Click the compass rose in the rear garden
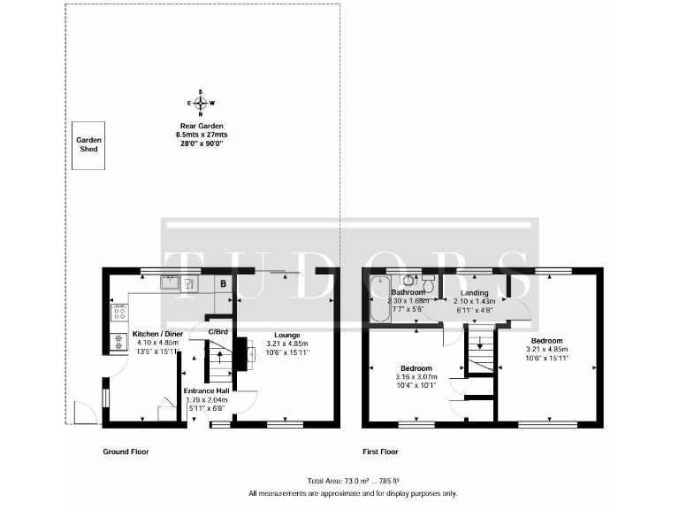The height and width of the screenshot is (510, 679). [200, 103]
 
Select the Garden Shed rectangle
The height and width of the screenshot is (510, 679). [88, 145]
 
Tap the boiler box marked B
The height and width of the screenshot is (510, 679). [224, 284]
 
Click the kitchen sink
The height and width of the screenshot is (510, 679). [169, 283]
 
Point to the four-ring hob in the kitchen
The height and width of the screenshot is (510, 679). [118, 313]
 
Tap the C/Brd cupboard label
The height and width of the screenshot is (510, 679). [218, 332]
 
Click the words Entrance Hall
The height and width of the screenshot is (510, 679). [207, 390]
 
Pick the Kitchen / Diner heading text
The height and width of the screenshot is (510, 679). [157, 334]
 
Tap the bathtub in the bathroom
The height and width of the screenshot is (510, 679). [378, 297]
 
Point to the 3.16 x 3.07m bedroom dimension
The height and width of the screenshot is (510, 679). [416, 377]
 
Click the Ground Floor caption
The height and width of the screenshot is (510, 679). [126, 452]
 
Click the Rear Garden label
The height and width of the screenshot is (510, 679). [199, 126]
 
